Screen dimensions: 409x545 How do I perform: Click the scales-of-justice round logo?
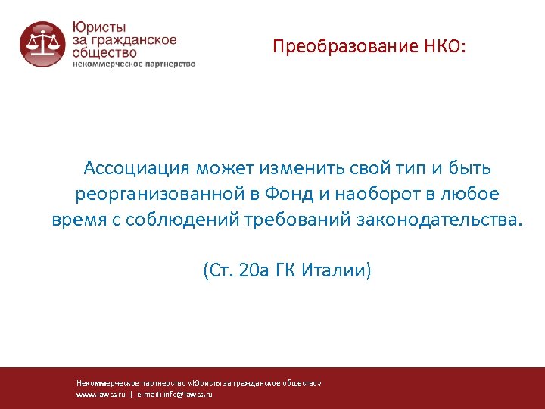(42, 44)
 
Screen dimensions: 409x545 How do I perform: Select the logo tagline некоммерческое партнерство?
(134, 64)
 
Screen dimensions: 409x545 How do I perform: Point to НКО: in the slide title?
(446, 48)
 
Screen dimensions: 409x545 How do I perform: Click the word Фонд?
(288, 194)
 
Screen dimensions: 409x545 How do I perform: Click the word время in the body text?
(79, 220)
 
